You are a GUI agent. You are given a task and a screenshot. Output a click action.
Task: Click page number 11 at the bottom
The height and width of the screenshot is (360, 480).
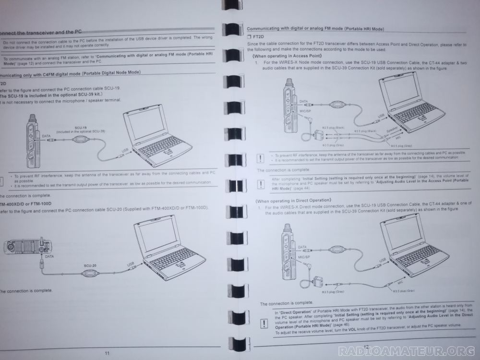[x=107, y=353]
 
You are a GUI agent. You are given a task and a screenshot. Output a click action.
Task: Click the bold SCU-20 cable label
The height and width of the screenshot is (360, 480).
[x=90, y=265]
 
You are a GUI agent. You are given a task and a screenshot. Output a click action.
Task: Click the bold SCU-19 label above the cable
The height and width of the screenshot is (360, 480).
[x=80, y=128]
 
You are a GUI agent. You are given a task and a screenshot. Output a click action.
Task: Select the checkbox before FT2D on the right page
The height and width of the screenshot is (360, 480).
[x=249, y=36]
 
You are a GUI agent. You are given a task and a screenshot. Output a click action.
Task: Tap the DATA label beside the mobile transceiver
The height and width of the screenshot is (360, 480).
[x=48, y=256]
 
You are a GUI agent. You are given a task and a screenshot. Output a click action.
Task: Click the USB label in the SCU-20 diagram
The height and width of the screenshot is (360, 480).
[x=131, y=264]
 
